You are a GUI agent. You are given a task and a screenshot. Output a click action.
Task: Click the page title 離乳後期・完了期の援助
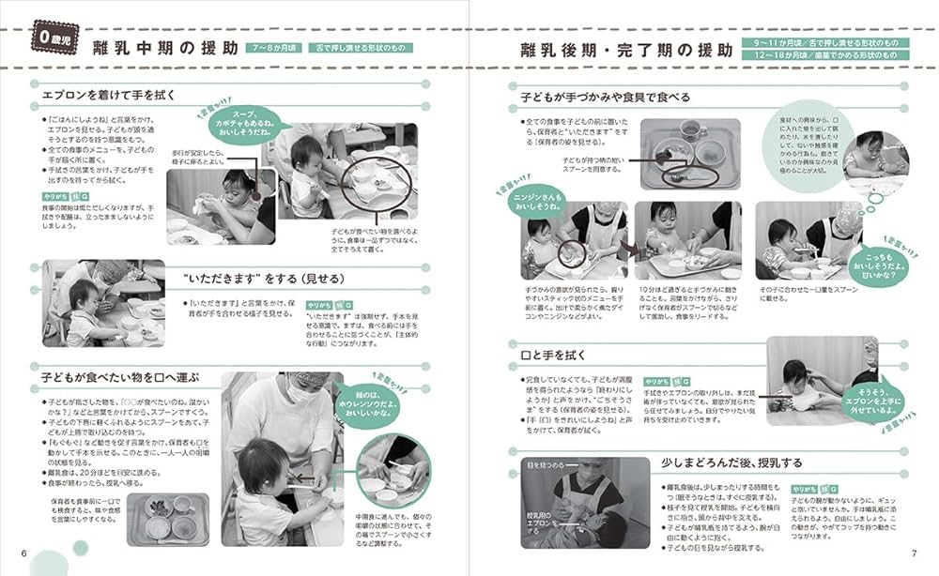(x=621, y=50)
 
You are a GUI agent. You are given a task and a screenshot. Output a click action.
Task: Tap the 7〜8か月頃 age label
(x=273, y=48)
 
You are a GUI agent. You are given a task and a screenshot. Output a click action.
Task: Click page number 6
(x=23, y=552)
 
